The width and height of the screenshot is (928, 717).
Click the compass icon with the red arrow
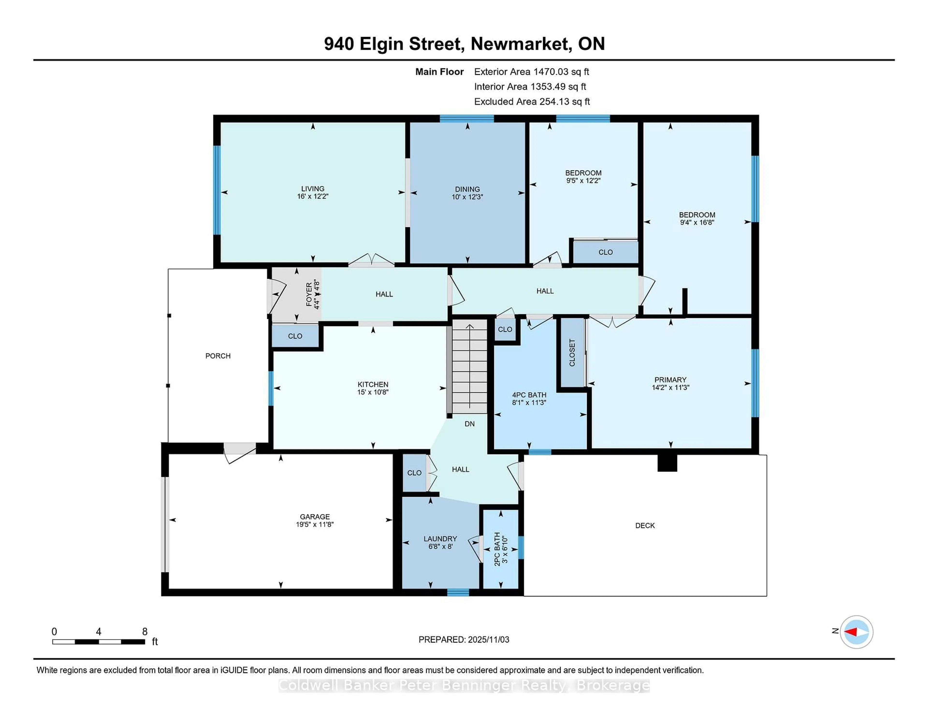856,632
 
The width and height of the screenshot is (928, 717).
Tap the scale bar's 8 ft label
145,632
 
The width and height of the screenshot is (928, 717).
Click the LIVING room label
313,189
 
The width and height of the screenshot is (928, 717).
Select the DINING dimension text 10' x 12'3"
467,197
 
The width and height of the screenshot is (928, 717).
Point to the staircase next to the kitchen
470,366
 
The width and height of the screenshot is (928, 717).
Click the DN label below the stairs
470,424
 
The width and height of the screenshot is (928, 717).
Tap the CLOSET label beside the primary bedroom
572,352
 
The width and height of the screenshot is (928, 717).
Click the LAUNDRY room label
440,539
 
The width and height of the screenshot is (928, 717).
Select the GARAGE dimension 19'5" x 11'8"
315,524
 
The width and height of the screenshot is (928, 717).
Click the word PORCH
218,356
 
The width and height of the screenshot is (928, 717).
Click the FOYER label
309,294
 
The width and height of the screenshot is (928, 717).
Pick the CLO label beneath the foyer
295,336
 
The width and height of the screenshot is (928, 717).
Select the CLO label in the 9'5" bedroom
605,252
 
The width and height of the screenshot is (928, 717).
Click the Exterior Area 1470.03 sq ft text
532,72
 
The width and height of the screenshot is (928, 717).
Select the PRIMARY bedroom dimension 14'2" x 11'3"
671,387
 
